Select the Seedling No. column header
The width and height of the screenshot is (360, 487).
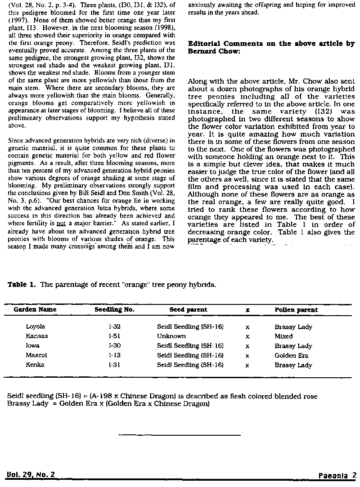114,310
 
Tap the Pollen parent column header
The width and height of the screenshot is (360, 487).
296,310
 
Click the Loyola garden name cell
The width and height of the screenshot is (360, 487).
36,327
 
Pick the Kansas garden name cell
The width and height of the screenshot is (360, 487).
37,336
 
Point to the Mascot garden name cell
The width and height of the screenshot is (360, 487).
36,355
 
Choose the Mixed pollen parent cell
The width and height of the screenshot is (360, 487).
283,336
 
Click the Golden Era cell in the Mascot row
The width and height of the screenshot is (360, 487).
292,355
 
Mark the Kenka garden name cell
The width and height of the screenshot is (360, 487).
36,365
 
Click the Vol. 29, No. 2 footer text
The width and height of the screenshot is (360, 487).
31,475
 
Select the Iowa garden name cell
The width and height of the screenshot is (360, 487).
33,346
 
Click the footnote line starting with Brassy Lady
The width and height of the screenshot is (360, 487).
108,403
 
